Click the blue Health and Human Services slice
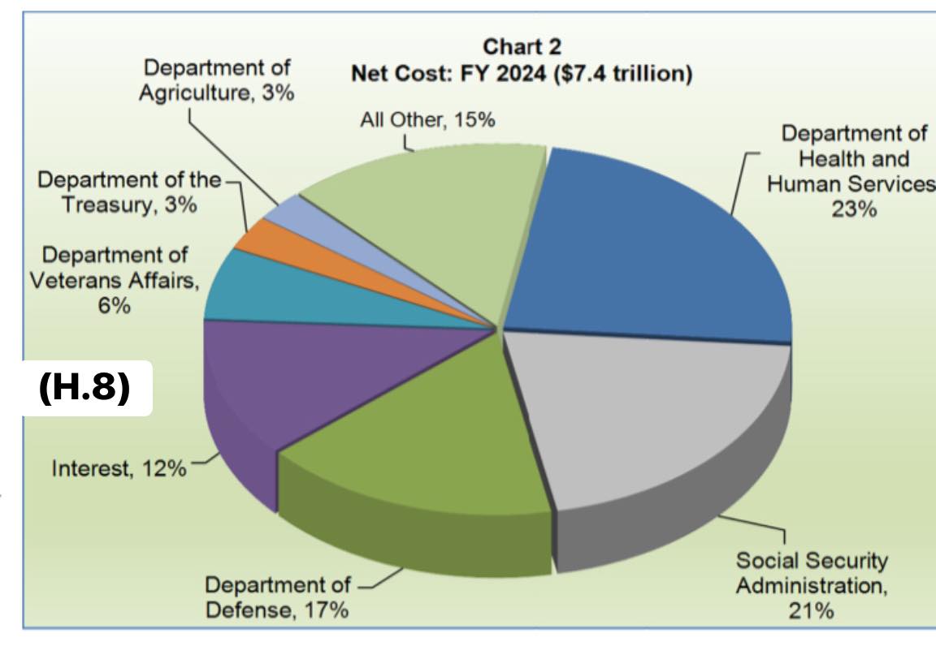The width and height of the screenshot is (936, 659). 650,243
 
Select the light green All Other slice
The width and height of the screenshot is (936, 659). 431,211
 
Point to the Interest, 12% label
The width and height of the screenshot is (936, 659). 119,469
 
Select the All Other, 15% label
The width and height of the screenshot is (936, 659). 427,120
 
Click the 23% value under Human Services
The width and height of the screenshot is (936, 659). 853,209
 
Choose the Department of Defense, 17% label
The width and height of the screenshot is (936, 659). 276,597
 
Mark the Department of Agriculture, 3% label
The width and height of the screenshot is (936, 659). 217,80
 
